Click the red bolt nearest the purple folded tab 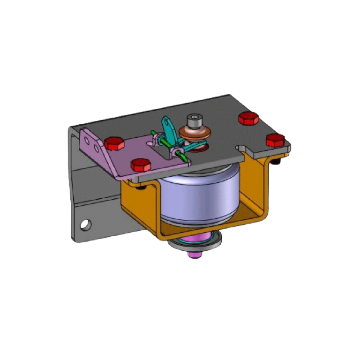point(114,143)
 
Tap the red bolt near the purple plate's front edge point(141,165)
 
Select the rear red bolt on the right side point(248,118)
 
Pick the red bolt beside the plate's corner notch point(275,140)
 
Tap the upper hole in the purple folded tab point(88,139)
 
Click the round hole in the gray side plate point(85,225)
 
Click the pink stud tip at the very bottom point(195,255)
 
